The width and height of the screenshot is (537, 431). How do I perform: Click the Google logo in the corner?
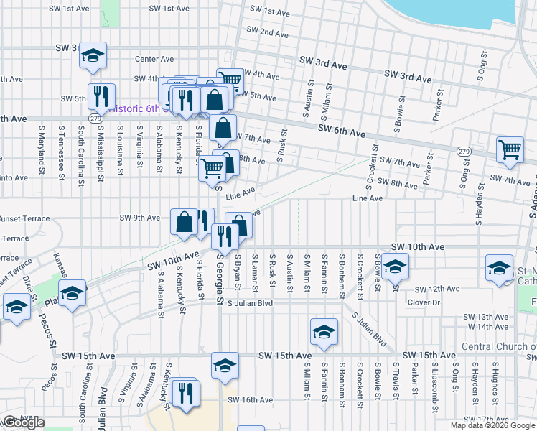point(23,423)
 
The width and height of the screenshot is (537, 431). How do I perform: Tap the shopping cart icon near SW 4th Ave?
point(229,79)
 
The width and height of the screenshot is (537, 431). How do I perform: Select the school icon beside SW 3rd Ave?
point(93,56)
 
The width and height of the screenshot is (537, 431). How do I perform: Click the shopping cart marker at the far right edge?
point(510,149)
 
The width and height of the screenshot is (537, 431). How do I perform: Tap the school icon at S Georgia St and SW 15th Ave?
point(225,365)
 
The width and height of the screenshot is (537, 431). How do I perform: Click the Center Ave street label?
point(155,59)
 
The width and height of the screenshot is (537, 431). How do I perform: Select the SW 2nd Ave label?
point(267,32)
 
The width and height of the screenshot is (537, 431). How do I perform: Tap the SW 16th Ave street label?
point(250,400)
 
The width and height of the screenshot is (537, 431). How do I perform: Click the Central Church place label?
point(497,347)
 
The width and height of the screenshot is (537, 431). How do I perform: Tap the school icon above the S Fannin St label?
point(324,332)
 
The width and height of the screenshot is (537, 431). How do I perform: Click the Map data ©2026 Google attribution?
point(492,425)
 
